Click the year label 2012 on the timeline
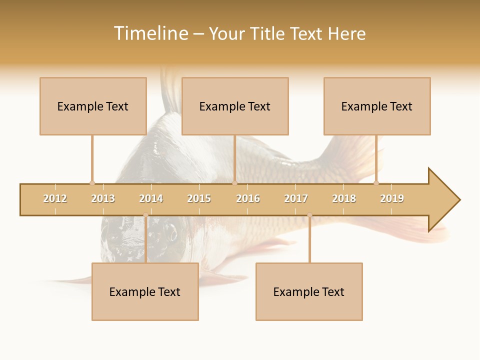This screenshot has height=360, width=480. [x=55, y=198]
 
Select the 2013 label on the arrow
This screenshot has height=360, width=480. [x=103, y=198]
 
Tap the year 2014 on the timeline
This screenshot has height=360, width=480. [x=151, y=198]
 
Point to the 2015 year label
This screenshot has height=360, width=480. [x=199, y=198]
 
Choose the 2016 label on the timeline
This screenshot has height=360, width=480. [x=248, y=198]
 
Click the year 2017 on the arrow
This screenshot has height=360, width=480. [x=296, y=198]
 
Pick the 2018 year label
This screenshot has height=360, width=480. [x=344, y=198]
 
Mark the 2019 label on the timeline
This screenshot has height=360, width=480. [x=392, y=198]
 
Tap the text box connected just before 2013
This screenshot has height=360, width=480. [x=93, y=106]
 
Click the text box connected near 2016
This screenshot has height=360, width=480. [x=235, y=106]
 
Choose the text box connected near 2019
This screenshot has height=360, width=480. [x=377, y=106]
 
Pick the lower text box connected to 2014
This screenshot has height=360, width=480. [x=145, y=291]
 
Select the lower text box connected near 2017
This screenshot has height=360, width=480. [x=309, y=291]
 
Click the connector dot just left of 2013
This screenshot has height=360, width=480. [x=92, y=183]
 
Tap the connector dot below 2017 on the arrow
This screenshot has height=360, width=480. [x=309, y=215]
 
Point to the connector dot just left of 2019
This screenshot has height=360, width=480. [x=376, y=183]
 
